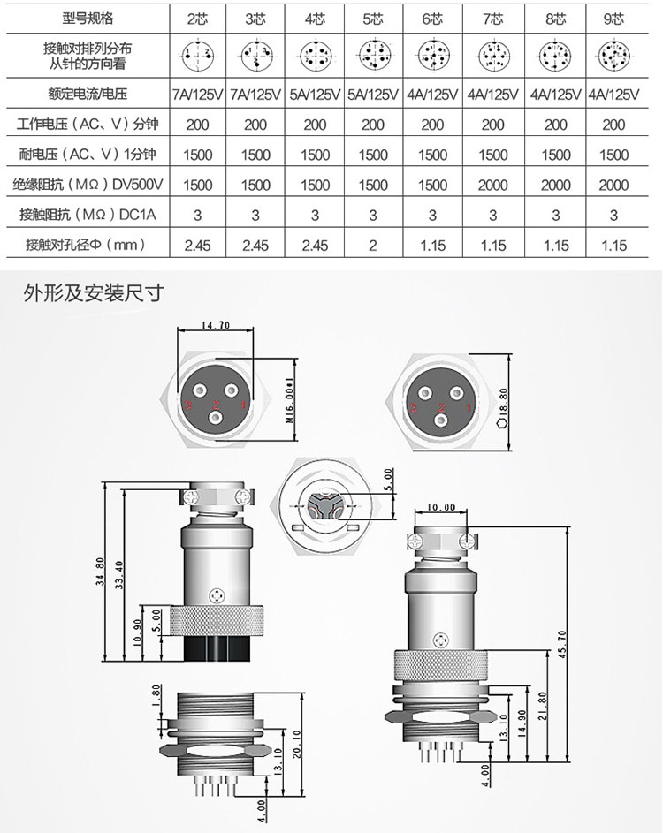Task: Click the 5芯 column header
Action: (373, 19)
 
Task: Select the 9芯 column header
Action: (613, 19)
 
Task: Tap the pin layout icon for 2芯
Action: (196, 57)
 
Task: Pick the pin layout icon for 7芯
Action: (493, 57)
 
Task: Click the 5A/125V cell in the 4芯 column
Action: (315, 95)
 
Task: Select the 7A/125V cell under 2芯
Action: (196, 95)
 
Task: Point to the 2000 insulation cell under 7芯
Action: (493, 185)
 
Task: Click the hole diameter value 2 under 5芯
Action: (373, 245)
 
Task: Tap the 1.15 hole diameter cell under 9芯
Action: (613, 245)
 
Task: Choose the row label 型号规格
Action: (88, 19)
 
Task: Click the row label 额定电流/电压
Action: (88, 95)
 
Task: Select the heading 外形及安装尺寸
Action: (94, 292)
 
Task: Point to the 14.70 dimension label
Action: (216, 326)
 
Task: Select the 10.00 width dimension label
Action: (439, 507)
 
